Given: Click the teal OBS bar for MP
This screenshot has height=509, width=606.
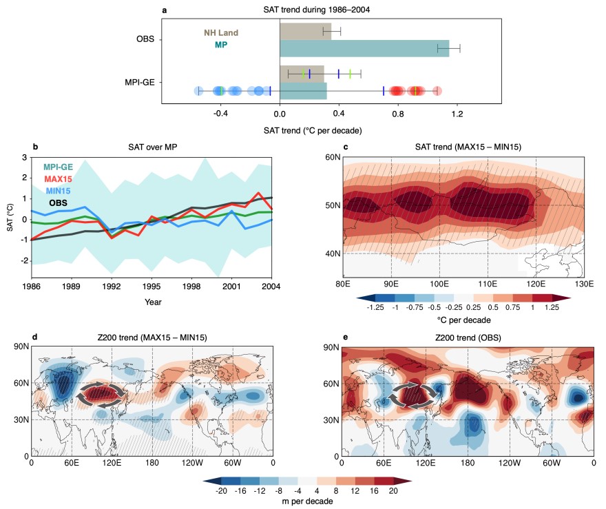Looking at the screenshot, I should (364, 48).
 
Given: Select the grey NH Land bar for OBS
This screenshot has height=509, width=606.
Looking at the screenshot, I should (305, 32).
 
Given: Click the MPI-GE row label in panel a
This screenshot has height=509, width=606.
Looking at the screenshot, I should (139, 82).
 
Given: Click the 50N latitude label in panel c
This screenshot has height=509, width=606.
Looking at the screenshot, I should (333, 206).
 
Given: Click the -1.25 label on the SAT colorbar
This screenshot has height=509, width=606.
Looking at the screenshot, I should (375, 308).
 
